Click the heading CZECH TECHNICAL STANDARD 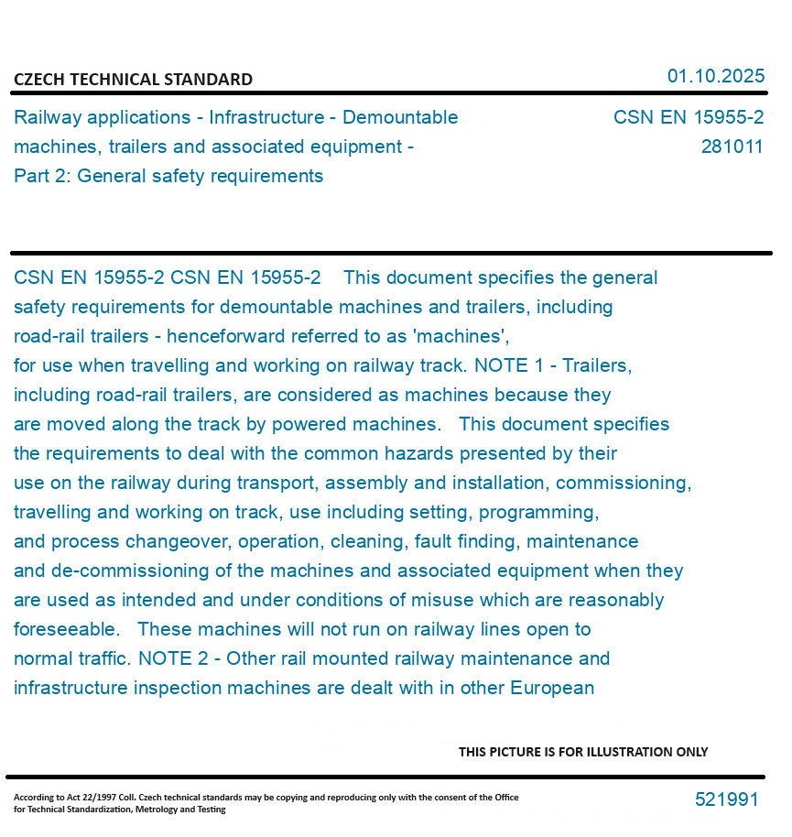(133, 80)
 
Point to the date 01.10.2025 (715, 76)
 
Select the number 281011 (732, 147)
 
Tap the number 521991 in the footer (726, 799)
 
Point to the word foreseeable (66, 629)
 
